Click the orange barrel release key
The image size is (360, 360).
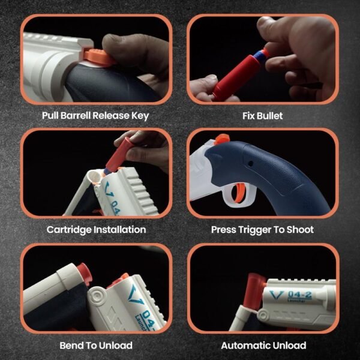[99, 57]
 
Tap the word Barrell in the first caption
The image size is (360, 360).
[76, 115]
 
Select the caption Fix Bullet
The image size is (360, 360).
[262, 116]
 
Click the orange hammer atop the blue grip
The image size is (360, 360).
[221, 139]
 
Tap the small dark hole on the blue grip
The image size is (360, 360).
[251, 164]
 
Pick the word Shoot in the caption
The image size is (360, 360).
[300, 230]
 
